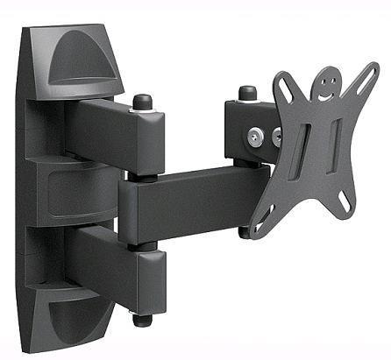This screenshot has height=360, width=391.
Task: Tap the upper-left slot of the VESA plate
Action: pyautogui.click(x=284, y=87)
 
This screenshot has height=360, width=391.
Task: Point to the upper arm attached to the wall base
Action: pyautogui.click(x=110, y=131)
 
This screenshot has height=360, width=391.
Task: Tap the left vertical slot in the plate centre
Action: pyautogui.click(x=302, y=150)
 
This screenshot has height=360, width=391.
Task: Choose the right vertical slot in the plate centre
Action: pyautogui.click(x=335, y=145)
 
